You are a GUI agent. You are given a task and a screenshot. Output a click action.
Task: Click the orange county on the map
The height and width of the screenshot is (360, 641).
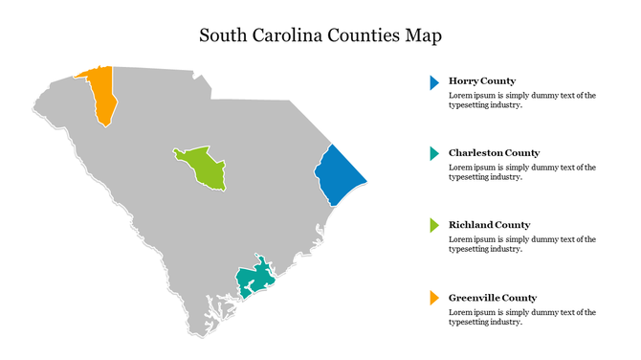tap(101, 94)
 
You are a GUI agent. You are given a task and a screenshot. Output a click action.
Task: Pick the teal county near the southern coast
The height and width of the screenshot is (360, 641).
tap(254, 279)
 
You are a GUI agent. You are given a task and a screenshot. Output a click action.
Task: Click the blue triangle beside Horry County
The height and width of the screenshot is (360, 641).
tap(434, 82)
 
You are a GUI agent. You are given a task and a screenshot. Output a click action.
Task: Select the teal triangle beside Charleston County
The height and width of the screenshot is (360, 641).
tap(434, 154)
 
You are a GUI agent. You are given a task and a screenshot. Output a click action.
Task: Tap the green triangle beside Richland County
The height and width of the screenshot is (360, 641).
tap(434, 226)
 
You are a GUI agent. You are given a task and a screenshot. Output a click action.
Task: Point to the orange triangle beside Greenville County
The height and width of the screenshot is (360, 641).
tap(434, 298)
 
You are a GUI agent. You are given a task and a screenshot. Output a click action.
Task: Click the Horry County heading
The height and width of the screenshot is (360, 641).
tap(482, 81)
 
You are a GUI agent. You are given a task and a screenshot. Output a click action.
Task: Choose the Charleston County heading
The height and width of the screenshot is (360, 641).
tap(494, 153)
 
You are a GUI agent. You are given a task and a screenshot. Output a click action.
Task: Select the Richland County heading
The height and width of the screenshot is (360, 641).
tap(489, 225)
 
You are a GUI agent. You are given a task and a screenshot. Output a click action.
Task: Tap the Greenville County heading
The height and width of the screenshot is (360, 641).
tap(493, 298)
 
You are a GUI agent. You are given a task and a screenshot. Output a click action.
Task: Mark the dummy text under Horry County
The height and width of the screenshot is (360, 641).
tap(521, 101)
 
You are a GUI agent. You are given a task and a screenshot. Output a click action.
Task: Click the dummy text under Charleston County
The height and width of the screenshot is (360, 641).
tap(521, 172)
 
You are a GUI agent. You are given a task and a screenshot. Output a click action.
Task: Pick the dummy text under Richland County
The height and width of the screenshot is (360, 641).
tap(521, 244)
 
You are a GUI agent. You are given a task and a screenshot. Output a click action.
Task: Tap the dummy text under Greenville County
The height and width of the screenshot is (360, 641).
tap(521, 317)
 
